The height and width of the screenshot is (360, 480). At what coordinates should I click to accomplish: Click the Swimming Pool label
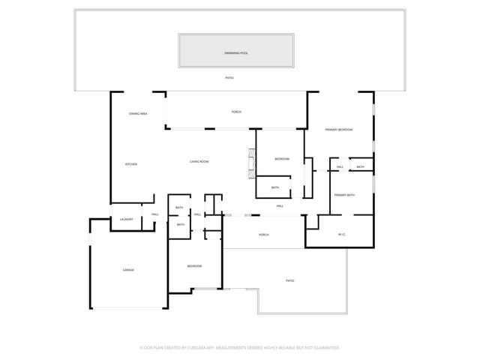point(235,53)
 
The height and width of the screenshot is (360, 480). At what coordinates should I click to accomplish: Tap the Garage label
point(129,270)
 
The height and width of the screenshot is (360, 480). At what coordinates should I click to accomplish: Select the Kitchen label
point(130,164)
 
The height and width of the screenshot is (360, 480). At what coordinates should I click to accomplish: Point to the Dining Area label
point(138,113)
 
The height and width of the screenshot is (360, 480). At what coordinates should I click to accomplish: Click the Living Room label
point(199,161)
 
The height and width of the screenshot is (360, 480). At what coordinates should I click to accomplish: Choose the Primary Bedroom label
point(339,130)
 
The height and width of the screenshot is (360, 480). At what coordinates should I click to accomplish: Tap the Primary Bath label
point(344,195)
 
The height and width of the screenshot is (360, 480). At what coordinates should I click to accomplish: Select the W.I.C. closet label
point(341,235)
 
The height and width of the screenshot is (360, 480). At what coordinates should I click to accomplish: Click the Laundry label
point(127,219)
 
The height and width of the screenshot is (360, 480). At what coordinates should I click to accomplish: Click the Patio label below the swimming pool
point(230,78)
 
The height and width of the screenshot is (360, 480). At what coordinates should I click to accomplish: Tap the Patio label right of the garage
point(290,280)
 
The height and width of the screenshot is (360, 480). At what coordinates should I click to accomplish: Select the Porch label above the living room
point(236,112)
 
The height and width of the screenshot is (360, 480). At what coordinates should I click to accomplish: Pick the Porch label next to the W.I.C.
point(264,235)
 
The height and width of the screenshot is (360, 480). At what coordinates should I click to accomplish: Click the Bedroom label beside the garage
point(194,266)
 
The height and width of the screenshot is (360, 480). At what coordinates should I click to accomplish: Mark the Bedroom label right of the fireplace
point(282,159)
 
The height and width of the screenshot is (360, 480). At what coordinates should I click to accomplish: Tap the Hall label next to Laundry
point(155,214)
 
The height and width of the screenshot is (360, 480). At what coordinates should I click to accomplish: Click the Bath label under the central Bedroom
point(275,187)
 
